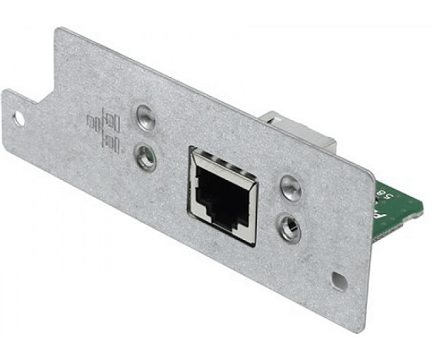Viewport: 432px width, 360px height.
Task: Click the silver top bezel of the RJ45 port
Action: point(221,157)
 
